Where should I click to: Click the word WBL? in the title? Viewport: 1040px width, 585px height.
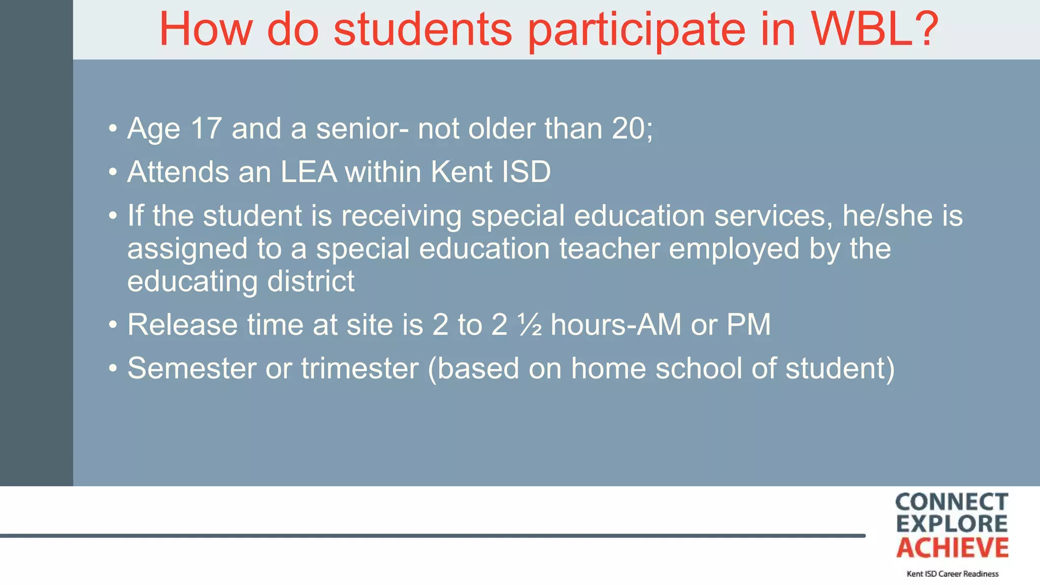coord(874,29)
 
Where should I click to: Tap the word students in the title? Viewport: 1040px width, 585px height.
coord(422,29)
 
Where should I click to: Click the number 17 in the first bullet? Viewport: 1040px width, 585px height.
coord(206,128)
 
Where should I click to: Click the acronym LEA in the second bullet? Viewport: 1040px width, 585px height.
coord(309,172)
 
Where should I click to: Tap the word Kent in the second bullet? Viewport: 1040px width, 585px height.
coord(461,172)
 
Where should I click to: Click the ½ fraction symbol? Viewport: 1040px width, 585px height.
coord(530,324)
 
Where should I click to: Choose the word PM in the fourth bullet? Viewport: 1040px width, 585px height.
coord(749,324)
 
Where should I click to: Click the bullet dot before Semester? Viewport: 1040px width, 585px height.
coord(113,368)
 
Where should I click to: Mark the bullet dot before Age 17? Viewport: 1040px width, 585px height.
coord(113,128)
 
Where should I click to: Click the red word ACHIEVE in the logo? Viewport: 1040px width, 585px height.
coord(952,548)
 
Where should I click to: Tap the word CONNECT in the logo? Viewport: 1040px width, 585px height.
coord(952,502)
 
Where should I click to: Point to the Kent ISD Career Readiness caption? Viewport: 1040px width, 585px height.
coord(952,574)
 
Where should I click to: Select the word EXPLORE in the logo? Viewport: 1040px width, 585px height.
coord(952,524)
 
